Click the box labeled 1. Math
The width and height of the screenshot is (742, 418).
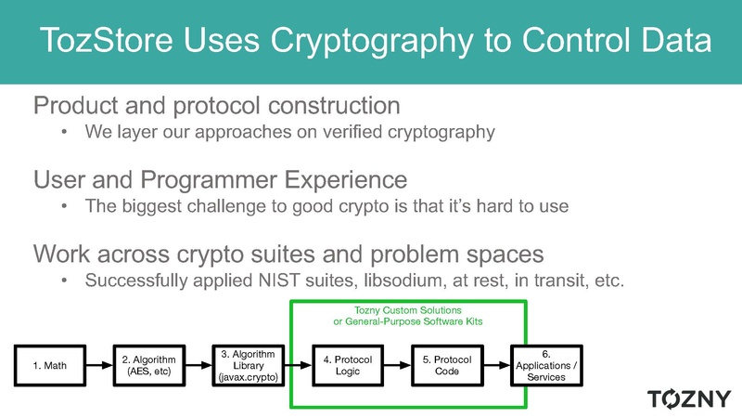pos(50,365)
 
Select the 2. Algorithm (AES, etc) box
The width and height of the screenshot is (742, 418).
pos(149,365)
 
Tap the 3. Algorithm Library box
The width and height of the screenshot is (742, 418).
pos(249,365)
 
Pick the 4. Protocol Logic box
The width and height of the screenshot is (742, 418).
pos(348,365)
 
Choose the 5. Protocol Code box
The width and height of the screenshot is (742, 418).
pos(447,365)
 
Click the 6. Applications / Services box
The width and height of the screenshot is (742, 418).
pos(546,365)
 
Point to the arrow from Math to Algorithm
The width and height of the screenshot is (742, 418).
pos(100,365)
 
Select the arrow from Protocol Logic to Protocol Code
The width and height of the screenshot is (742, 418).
pos(398,365)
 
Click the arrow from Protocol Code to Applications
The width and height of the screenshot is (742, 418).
pos(497,365)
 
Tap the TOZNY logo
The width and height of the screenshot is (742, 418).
pos(689,398)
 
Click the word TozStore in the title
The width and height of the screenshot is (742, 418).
pos(107,39)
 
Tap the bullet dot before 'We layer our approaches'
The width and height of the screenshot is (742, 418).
pos(64,132)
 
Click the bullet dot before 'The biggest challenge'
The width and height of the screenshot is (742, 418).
pos(64,206)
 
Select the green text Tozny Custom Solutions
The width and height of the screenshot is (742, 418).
pos(408,310)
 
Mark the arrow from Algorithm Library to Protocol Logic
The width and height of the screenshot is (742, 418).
pos(298,365)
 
